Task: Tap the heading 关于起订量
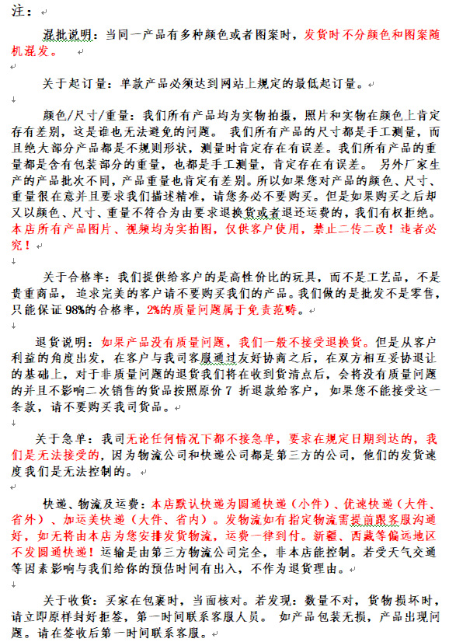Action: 75,82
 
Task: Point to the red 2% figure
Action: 154,309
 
